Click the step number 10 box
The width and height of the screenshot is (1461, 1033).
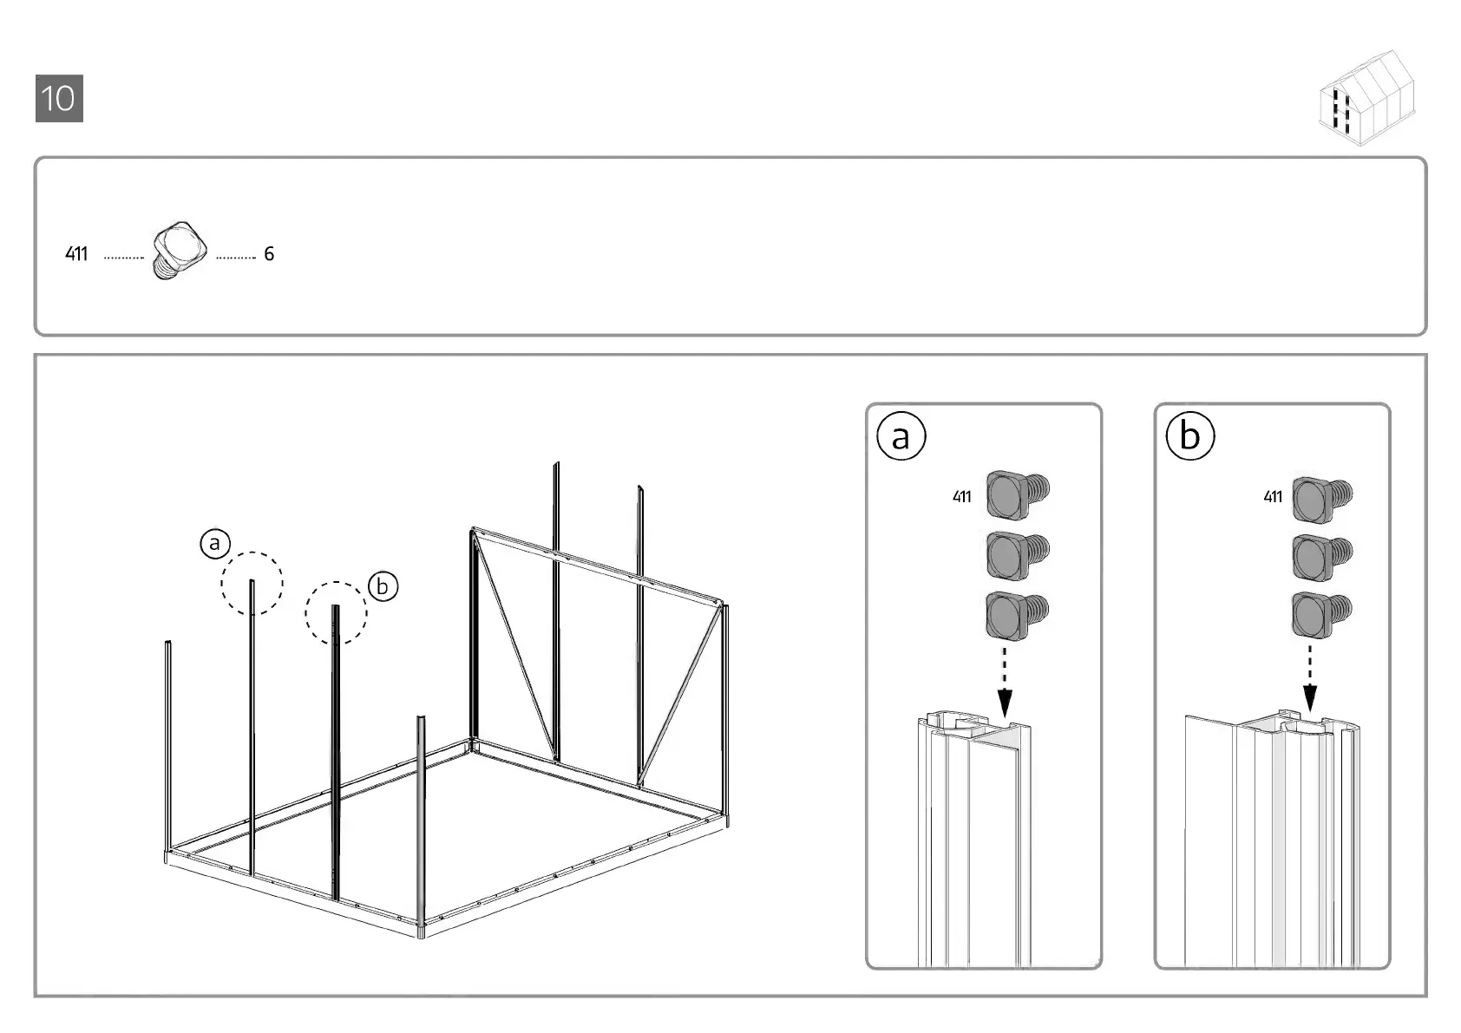[x=59, y=98]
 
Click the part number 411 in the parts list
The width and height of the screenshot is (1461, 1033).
[x=76, y=254]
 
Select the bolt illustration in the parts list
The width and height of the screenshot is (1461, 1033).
[x=180, y=249]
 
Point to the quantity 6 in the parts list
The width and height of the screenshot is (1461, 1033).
[x=269, y=254]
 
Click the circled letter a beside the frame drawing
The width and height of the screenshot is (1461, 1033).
[x=214, y=544]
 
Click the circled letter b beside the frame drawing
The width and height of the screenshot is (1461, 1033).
[x=382, y=587]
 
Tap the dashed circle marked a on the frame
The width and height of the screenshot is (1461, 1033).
[x=252, y=583]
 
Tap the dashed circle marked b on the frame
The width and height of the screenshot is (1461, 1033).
[x=336, y=612]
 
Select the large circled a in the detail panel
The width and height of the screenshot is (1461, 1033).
[x=901, y=436]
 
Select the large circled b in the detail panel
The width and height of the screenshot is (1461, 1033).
[x=1189, y=436]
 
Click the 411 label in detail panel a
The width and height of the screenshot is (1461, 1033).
[x=961, y=497]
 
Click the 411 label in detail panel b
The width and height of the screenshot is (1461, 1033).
[x=1272, y=497]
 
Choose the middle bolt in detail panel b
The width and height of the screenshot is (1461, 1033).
[x=1321, y=556]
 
